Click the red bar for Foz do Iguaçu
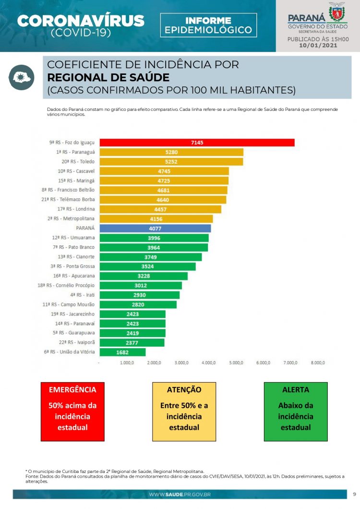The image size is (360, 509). (196, 143)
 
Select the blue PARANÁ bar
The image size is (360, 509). (155, 229)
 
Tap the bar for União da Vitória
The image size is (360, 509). (122, 352)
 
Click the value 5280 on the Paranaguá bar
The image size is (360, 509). (171, 152)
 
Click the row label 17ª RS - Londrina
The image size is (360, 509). (76, 209)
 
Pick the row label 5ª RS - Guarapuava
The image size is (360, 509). (74, 333)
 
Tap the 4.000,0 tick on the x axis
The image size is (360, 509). (209, 363)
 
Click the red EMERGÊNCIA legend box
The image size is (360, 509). (72, 412)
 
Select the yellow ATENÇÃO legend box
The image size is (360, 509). (184, 412)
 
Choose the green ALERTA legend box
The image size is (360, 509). (296, 412)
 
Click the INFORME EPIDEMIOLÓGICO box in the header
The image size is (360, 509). (208, 25)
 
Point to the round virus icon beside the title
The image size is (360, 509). (21, 77)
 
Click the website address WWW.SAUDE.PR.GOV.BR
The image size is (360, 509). (180, 494)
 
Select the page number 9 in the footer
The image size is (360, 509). (354, 494)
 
